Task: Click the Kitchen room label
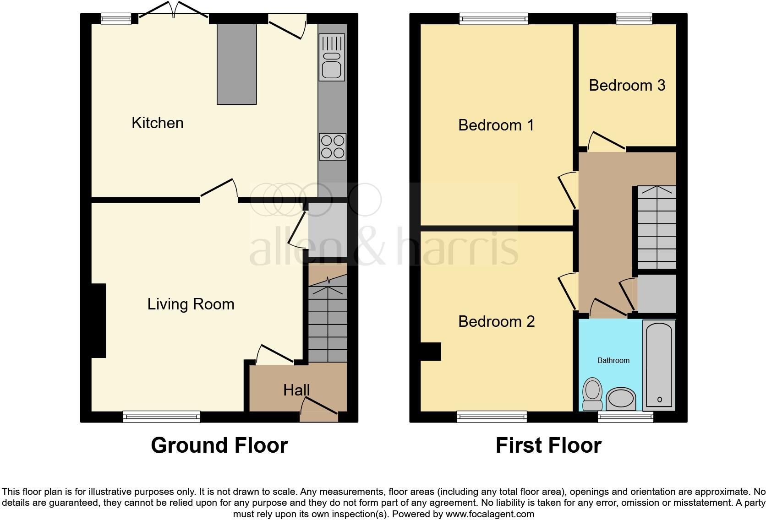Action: tap(157, 123)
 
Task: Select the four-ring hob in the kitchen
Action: tap(333, 146)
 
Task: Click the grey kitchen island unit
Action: tap(236, 64)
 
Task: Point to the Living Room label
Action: tap(191, 304)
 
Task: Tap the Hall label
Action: tap(296, 390)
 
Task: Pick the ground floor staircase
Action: tap(327, 320)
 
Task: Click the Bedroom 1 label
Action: tap(496, 125)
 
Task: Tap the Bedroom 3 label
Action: tap(627, 85)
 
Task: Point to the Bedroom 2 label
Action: tap(496, 321)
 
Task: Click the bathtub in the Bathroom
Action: tap(659, 364)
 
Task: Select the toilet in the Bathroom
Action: tap(592, 393)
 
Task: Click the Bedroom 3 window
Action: tap(634, 18)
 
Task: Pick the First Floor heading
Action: tap(548, 445)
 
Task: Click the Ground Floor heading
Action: tap(219, 445)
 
